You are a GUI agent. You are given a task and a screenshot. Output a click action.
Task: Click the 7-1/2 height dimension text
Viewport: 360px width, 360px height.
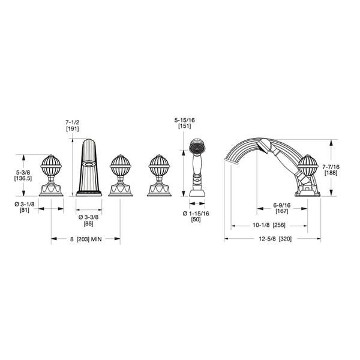coord(73,122)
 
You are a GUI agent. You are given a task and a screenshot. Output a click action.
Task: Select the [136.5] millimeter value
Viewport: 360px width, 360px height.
coord(23,178)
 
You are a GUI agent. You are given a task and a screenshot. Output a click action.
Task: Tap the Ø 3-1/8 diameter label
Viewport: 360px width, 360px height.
coord(25,204)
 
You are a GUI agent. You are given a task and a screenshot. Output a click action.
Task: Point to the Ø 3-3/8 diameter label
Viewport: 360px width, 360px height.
coord(88,217)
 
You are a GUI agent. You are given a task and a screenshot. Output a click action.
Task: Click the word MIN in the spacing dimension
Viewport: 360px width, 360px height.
coord(96,239)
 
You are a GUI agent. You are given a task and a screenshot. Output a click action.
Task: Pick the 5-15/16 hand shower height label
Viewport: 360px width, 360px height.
coord(185,120)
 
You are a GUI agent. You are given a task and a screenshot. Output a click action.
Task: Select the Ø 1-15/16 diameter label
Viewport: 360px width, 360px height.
coord(196,214)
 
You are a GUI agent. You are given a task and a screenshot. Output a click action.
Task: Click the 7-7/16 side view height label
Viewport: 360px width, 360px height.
coord(331,167)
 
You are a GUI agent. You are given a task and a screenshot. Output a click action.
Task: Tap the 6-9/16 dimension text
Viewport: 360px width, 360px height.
coord(282,205)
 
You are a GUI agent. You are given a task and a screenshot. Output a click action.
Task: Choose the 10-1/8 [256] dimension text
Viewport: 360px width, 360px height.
coord(269,225)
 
